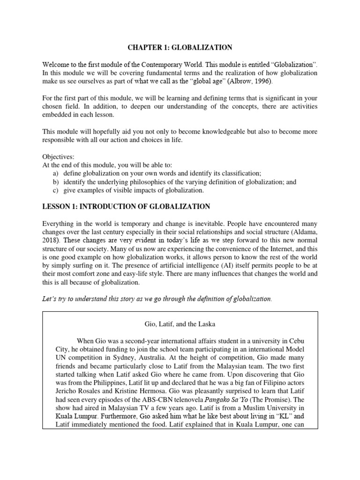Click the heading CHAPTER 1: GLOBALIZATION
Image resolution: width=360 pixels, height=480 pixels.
[180, 47]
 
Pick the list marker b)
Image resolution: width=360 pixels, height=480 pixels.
[56, 182]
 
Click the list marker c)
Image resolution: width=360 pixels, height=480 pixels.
[56, 190]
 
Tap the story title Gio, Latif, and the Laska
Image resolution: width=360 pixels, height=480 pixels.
[180, 324]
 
